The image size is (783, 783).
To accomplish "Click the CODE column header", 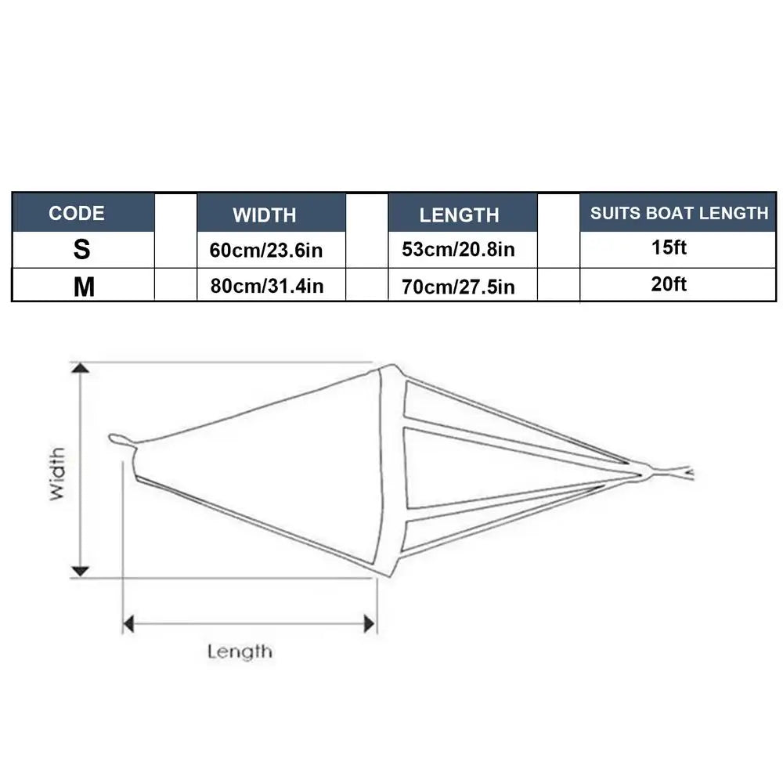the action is (77, 213).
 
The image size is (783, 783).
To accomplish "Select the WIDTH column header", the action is (264, 215).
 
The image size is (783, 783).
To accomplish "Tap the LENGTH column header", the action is (459, 215).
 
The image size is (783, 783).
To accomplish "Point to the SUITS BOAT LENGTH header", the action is (679, 213).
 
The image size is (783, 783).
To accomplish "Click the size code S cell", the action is (82, 249).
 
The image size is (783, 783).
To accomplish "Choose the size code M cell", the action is (84, 287).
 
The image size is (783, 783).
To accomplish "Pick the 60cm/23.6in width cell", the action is (266, 251).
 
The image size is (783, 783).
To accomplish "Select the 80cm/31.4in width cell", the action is (267, 286).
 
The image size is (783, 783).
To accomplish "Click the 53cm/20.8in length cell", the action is (458, 249).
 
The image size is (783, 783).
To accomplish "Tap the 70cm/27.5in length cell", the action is (458, 287).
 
